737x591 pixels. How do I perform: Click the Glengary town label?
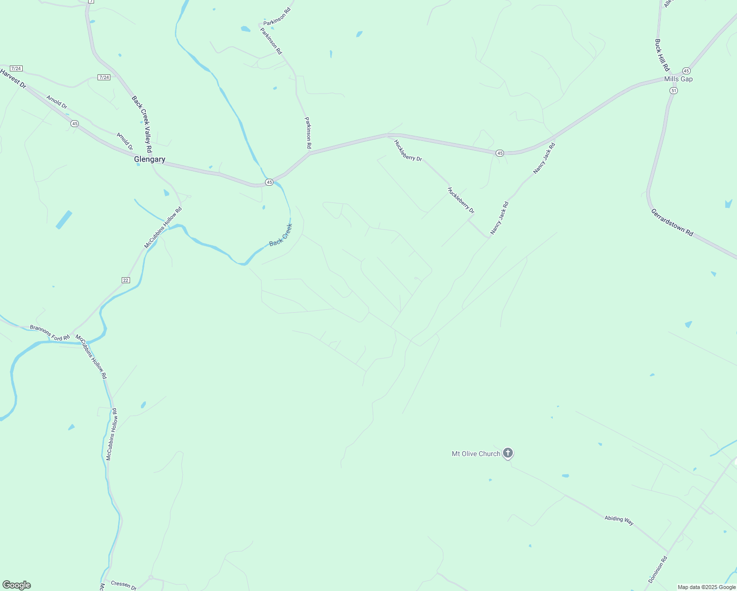tap(149, 160)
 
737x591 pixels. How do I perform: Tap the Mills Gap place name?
tap(678, 79)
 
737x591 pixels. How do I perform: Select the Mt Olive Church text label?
tap(476, 454)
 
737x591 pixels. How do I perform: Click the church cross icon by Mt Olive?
tap(508, 453)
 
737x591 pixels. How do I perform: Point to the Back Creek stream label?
tap(281, 235)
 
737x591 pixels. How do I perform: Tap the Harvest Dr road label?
tap(13, 78)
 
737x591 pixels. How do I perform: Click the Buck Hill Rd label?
tap(662, 55)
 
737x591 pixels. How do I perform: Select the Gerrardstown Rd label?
tap(672, 223)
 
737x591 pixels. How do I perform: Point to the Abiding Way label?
tap(619, 519)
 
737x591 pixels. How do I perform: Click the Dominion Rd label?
tap(657, 568)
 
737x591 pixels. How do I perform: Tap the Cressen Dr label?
tap(123, 585)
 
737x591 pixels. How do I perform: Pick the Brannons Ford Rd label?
tap(50, 333)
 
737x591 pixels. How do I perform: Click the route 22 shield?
tap(126, 280)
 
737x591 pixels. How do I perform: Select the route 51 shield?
tap(673, 91)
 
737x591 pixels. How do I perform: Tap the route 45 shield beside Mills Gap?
tap(686, 71)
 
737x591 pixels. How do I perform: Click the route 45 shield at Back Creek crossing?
tap(269, 182)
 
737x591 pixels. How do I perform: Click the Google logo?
tap(16, 585)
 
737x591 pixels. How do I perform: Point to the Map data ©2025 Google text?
tap(706, 587)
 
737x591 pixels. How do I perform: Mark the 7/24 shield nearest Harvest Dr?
tap(16, 68)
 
